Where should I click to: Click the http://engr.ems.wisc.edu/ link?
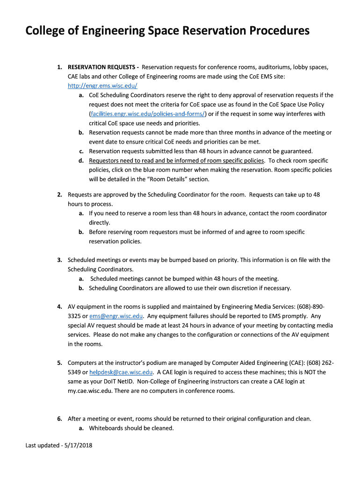point(102,86)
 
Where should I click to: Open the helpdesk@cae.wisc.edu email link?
point(121,372)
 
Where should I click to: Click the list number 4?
point(60,306)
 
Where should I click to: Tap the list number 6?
point(60,419)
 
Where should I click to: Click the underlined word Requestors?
point(106,160)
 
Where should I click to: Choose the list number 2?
point(60,194)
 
